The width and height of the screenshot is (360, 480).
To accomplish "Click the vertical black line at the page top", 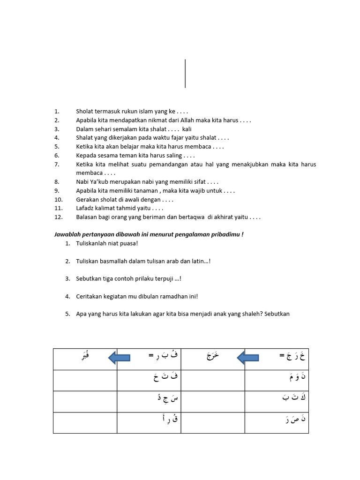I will [x=185, y=74].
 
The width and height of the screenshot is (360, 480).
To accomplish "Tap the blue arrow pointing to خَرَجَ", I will [x=248, y=359].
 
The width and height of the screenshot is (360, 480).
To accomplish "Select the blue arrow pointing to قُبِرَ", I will [x=119, y=359].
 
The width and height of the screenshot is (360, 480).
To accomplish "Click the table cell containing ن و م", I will [x=277, y=380].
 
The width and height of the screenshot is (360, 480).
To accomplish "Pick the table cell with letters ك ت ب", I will [x=277, y=401].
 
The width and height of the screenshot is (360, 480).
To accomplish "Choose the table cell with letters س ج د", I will [x=149, y=401].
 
